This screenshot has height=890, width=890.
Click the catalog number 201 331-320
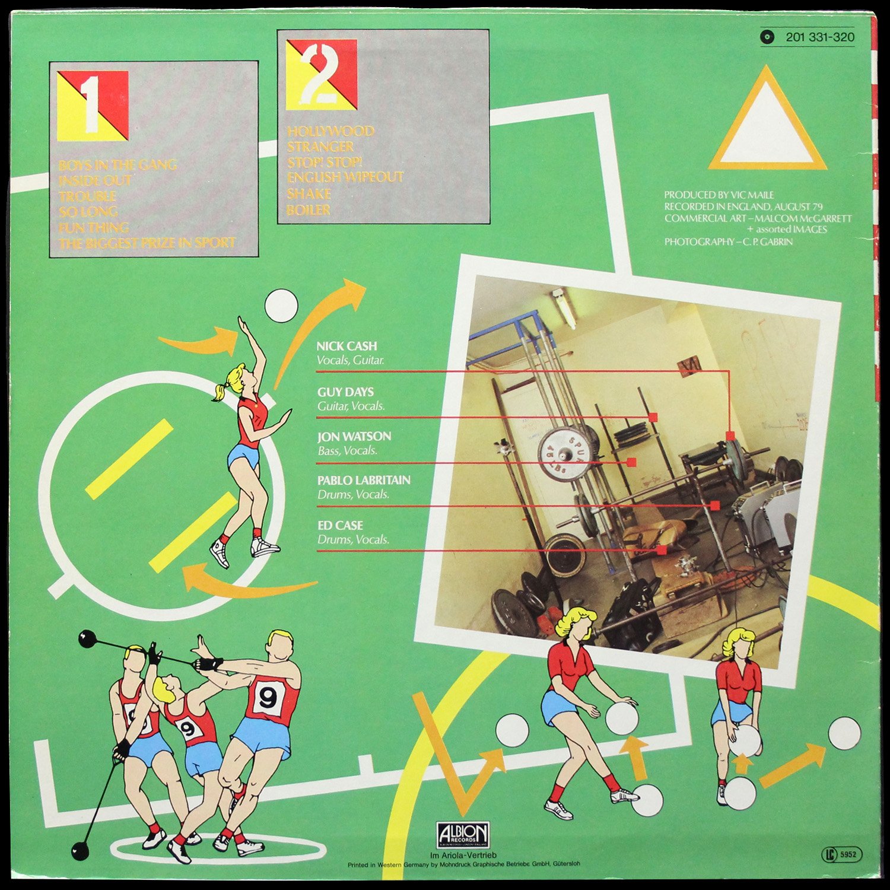click(x=819, y=37)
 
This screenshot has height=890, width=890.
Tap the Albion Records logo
click(x=463, y=835)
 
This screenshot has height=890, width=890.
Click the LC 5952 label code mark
click(x=842, y=854)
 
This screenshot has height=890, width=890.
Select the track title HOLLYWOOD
click(x=330, y=131)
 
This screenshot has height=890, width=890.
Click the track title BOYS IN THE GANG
click(x=117, y=164)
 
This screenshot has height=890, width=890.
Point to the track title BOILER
click(x=309, y=209)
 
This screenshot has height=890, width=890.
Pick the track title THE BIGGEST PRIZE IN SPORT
click(x=147, y=243)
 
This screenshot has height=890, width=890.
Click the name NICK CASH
click(x=347, y=346)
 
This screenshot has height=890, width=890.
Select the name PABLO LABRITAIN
click(x=364, y=480)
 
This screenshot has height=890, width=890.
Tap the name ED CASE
click(x=340, y=525)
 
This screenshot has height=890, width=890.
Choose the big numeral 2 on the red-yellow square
click(x=320, y=74)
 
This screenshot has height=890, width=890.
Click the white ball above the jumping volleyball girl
click(x=281, y=306)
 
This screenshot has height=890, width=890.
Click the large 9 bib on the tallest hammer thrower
click(x=268, y=698)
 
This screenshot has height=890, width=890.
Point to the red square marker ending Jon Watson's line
click(x=631, y=462)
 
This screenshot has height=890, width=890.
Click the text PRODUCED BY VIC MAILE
click(x=719, y=195)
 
